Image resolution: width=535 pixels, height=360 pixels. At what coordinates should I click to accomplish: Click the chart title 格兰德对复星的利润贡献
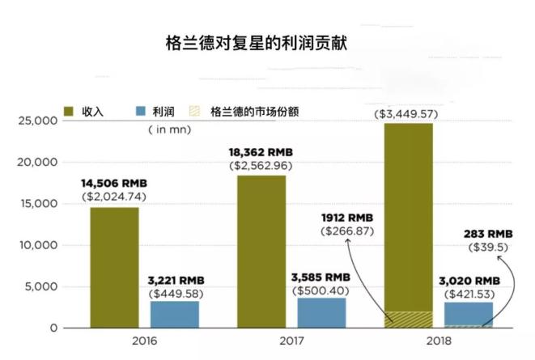(268, 41)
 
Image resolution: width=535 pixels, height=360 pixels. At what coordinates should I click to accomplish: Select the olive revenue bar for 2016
(113, 267)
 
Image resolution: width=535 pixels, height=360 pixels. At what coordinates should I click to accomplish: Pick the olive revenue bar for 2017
(262, 251)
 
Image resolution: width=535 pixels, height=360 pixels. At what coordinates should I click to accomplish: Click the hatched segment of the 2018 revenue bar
(408, 320)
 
